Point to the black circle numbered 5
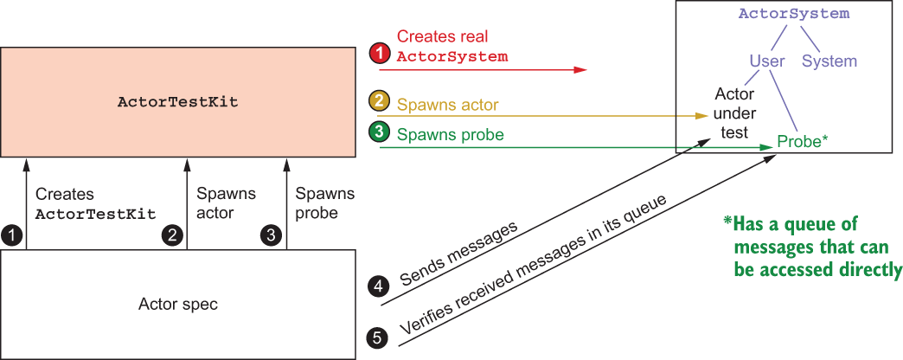tap(377, 337)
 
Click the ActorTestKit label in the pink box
tap(178, 102)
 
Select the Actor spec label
tap(178, 304)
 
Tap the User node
tap(767, 61)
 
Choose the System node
tap(829, 61)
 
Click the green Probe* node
tap(803, 141)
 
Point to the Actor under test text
tap(733, 112)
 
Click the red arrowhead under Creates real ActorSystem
tap(580, 70)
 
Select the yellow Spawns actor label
tap(448, 105)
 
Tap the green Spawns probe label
tap(451, 135)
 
